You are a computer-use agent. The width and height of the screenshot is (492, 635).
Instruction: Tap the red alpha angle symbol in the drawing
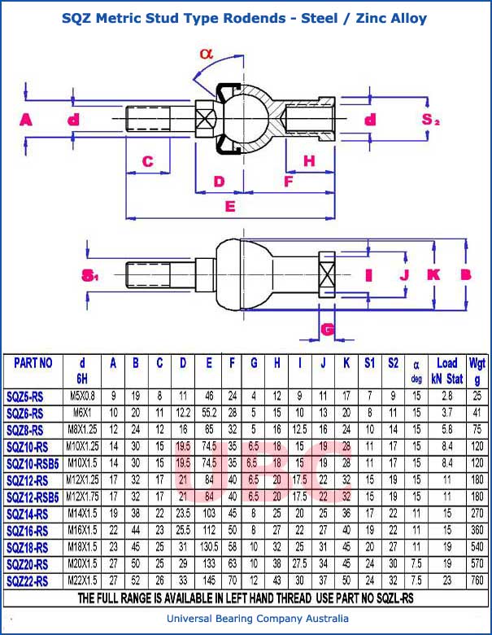tap(205, 54)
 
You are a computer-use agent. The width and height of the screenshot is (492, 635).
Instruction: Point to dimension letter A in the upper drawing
tap(25, 120)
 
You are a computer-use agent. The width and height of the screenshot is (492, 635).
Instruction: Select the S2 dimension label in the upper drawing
tap(430, 120)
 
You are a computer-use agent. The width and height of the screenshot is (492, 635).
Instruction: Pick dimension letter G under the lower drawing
tap(328, 330)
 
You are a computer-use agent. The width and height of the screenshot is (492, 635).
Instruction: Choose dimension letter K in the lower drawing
tap(433, 274)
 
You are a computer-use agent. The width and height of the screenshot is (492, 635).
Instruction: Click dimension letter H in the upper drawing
tap(309, 161)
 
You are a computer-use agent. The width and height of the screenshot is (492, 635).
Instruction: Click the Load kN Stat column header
tap(446, 370)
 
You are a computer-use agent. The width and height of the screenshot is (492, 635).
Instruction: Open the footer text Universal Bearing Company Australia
tap(246, 620)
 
